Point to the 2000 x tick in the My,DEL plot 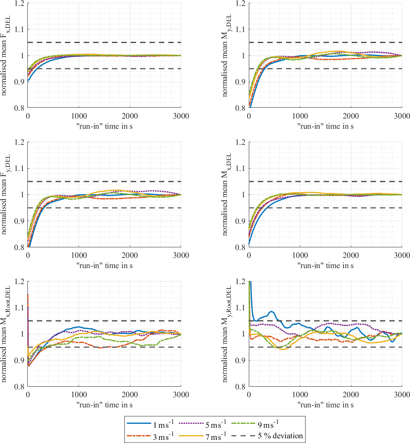(351, 116)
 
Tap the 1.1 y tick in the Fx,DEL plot (19, 29)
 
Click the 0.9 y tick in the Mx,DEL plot (240, 221)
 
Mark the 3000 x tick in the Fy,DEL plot (181, 255)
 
